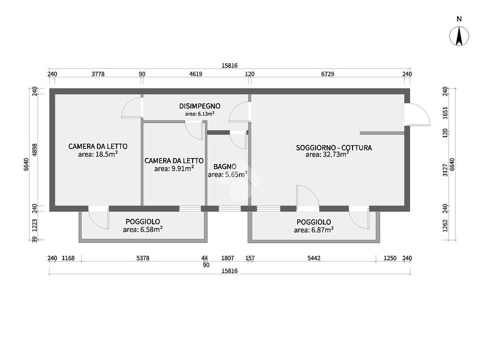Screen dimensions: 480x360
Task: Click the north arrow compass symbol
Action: tap(459, 36)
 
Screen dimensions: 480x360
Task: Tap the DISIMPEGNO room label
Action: tap(200, 106)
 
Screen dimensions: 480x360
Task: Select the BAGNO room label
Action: tap(225, 167)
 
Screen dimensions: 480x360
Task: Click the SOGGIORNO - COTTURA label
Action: tap(334, 148)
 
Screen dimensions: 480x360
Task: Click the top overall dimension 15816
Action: tap(230, 66)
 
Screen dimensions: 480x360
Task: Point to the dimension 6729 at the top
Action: tap(328, 74)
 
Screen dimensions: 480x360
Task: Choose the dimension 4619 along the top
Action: tap(195, 74)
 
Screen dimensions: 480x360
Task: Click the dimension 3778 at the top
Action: tap(98, 74)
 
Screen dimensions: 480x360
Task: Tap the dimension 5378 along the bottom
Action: tap(142, 258)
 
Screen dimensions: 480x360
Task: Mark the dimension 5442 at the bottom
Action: tap(314, 258)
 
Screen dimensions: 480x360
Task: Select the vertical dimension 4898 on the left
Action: tap(35, 150)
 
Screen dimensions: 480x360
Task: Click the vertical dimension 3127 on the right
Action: tap(445, 170)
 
